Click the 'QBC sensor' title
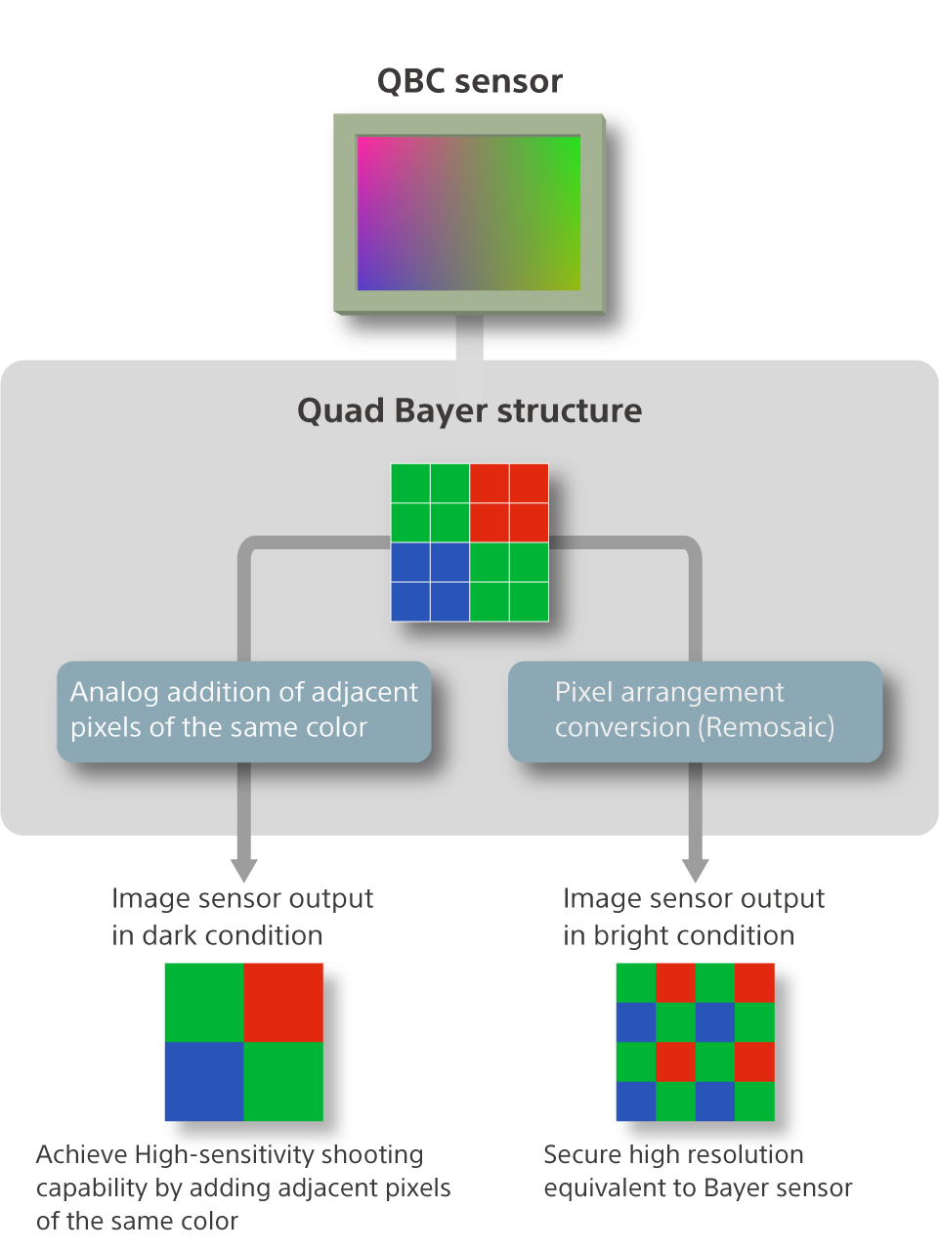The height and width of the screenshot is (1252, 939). click(x=469, y=81)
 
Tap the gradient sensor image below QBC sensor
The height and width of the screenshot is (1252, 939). click(x=469, y=213)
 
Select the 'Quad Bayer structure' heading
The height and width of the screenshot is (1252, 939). click(x=469, y=410)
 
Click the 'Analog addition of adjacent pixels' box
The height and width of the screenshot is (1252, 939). click(x=244, y=711)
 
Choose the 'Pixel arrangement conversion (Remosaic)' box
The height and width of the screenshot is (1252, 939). click(x=695, y=711)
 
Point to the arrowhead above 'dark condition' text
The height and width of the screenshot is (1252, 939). click(x=244, y=869)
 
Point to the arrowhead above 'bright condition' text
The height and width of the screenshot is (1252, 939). click(x=695, y=869)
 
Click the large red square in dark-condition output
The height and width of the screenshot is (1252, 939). click(x=283, y=1002)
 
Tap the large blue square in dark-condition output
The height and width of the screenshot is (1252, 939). click(x=204, y=1081)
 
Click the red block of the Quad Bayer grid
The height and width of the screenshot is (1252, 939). click(x=509, y=502)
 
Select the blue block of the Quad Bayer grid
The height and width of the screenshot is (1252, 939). click(x=430, y=582)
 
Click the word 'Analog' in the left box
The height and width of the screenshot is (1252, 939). click(x=113, y=693)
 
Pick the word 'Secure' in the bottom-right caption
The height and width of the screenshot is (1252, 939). click(x=582, y=1155)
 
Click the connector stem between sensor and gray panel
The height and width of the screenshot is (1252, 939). click(x=469, y=338)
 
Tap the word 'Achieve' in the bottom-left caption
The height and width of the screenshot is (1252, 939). click(x=82, y=1155)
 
